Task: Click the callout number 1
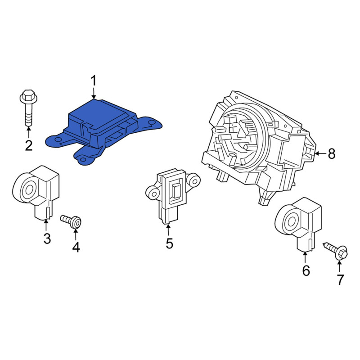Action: [94, 81]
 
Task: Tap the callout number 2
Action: [29, 145]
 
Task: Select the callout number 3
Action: [47, 238]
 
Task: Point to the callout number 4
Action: [76, 247]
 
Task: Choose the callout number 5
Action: [169, 243]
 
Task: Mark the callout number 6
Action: [306, 271]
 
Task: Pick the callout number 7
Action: [340, 279]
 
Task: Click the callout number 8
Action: [332, 153]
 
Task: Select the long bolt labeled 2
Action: [28, 108]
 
